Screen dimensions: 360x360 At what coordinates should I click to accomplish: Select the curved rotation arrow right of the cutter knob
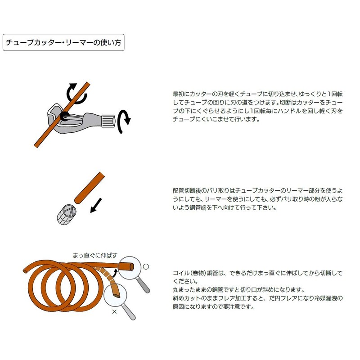125,122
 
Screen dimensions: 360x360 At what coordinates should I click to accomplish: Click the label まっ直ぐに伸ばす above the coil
95,255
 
